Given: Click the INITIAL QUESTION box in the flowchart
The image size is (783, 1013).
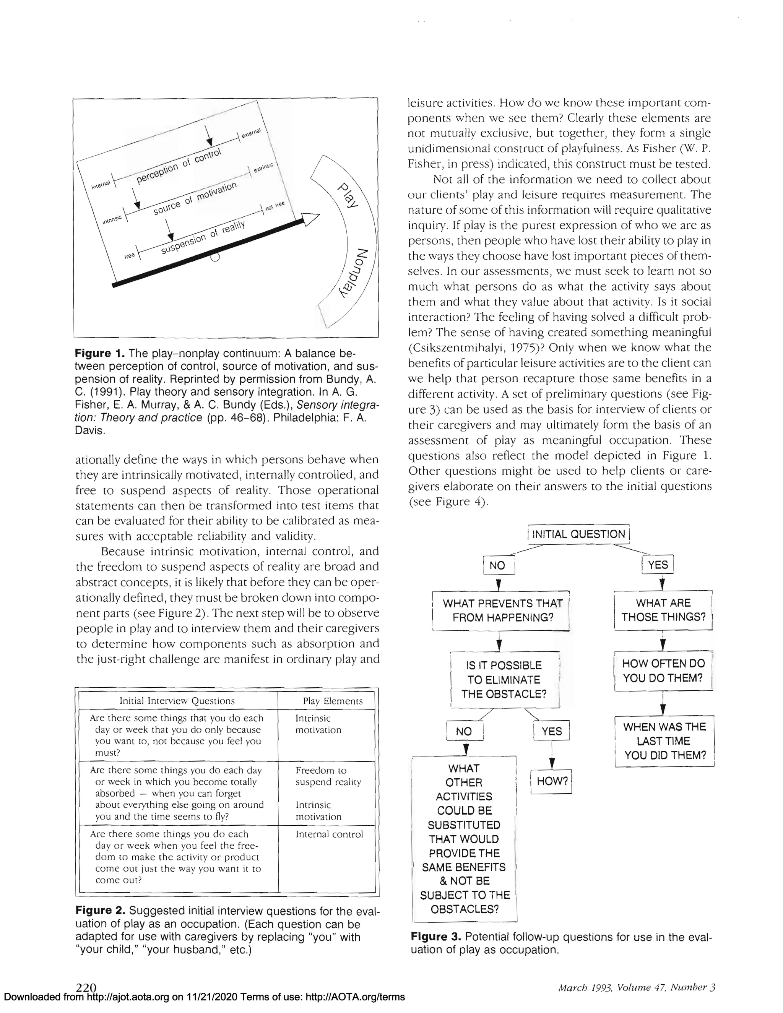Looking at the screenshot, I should click(x=578, y=534).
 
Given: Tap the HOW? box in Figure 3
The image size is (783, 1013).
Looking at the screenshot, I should click(x=552, y=781).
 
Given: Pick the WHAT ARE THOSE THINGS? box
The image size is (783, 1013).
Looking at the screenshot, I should click(x=663, y=610).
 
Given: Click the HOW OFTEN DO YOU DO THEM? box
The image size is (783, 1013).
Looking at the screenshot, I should click(x=663, y=671).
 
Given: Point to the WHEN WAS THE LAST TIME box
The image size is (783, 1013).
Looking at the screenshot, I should click(x=664, y=741).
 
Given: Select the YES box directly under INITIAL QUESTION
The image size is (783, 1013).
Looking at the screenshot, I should click(x=657, y=565).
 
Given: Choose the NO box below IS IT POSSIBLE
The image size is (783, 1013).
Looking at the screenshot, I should click(x=464, y=731).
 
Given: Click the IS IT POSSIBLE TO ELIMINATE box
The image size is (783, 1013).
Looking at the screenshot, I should click(x=504, y=680).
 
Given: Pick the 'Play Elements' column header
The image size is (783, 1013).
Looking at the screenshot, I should click(x=332, y=701).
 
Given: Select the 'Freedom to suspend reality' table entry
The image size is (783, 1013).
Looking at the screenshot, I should click(x=328, y=776).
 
